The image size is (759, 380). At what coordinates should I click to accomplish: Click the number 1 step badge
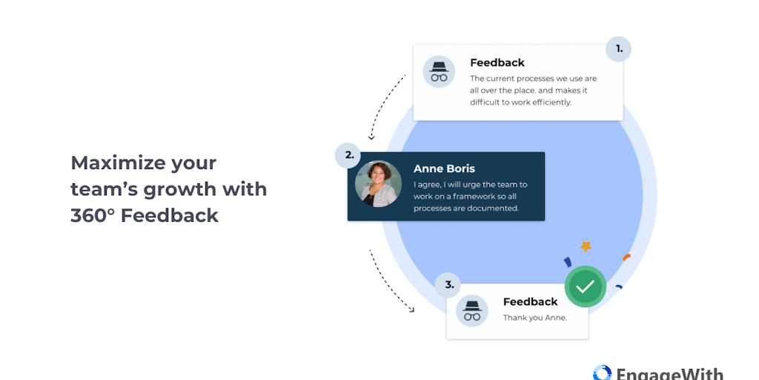coord(618,50)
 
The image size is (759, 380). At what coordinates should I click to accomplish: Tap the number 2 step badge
coord(348,156)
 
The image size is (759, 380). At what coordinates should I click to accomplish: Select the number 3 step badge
coord(448,284)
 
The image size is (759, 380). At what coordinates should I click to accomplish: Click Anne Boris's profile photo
coord(378,184)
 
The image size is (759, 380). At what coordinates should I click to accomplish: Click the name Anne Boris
coord(444,168)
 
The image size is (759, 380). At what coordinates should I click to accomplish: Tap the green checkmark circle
coord(586,286)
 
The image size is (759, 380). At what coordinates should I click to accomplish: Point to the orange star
coord(586,246)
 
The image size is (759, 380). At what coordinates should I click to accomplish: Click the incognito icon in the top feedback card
coord(439,72)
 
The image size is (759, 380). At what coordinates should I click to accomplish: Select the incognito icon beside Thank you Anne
coord(472,310)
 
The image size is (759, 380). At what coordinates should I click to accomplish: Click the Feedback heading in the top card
coord(497,63)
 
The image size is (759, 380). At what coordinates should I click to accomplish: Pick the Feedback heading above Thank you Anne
coord(530,302)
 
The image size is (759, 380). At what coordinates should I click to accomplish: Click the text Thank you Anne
coord(534,318)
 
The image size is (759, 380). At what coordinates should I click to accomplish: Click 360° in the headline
coord(93,215)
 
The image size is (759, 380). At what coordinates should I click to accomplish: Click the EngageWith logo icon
coord(602,373)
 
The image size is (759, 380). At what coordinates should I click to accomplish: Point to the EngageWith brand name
coord(669,373)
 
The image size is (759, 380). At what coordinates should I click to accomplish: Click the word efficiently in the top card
coord(547,102)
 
